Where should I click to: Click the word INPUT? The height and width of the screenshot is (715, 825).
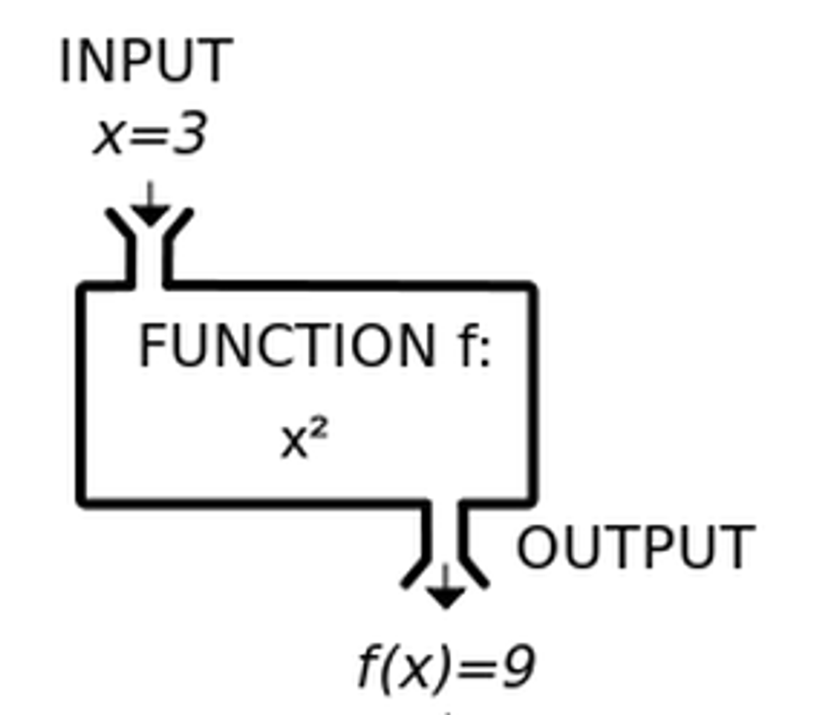[146, 61]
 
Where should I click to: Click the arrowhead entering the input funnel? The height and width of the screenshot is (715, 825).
[150, 214]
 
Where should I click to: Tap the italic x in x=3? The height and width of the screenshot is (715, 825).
[109, 138]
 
